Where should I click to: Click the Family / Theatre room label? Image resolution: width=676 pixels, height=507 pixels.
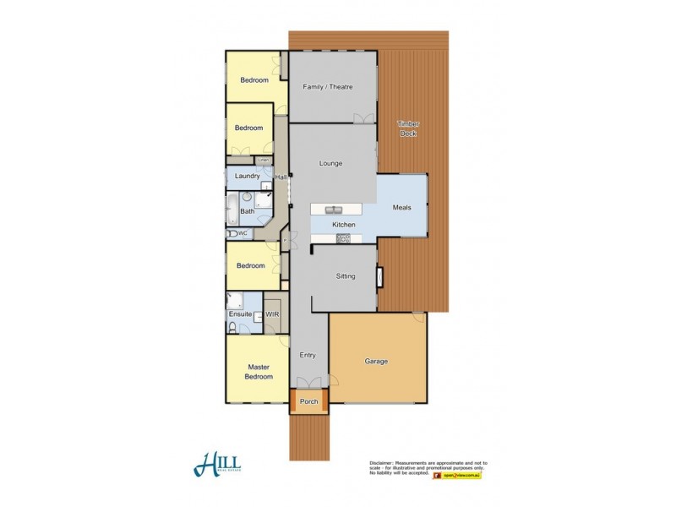(x=327, y=87)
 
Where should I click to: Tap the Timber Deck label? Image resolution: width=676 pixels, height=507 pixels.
(x=408, y=128)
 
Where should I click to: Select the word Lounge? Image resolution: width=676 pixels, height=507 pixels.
(x=330, y=163)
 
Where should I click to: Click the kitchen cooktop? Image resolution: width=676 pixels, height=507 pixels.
(x=343, y=239)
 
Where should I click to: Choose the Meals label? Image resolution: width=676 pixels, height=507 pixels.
(x=402, y=207)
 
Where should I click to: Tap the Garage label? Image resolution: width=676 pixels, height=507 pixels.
(x=376, y=361)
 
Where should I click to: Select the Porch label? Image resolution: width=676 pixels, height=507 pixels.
(x=309, y=401)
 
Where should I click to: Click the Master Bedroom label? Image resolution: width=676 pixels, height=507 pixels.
(x=259, y=372)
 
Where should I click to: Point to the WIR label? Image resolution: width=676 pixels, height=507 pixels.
(x=272, y=314)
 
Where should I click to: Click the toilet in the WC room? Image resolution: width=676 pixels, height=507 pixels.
(x=231, y=233)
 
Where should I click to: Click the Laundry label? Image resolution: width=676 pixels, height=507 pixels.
(x=247, y=176)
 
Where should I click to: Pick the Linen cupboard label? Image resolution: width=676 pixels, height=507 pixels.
(x=263, y=160)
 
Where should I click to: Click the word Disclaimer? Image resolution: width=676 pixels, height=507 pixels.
(x=384, y=463)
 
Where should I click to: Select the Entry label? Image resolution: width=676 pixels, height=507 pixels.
(x=308, y=356)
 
